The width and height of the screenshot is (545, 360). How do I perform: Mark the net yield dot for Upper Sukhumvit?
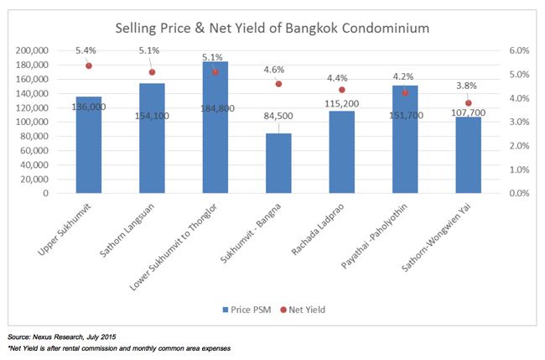89,65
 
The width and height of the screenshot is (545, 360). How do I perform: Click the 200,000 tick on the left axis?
32,50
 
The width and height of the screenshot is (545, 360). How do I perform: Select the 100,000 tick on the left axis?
32,122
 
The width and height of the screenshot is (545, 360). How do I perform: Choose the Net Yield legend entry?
307,310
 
